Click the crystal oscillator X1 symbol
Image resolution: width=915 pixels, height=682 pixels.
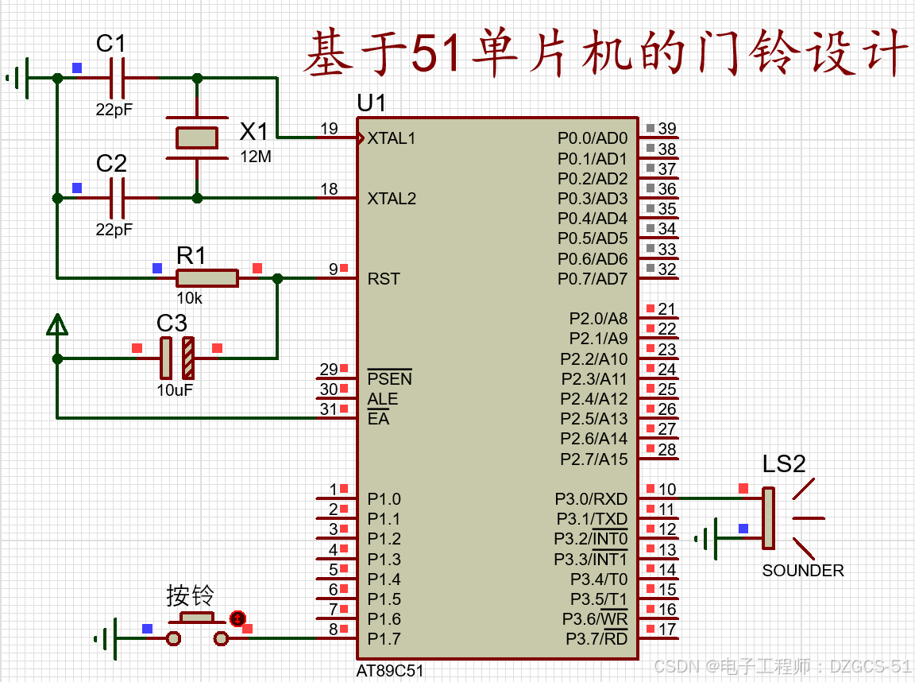coord(197,138)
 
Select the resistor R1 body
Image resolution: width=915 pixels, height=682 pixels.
coord(207,278)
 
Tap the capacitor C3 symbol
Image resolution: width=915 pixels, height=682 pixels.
coord(177,358)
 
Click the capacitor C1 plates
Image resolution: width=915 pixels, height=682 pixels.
coord(118,78)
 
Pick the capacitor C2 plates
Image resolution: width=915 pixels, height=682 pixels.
coord(118,199)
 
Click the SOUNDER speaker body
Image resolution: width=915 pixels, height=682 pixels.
coord(769,518)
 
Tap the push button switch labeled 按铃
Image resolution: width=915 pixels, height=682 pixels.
coord(197,628)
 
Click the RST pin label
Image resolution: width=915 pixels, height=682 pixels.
coord(384,279)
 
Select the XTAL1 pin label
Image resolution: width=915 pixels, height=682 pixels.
coord(391,138)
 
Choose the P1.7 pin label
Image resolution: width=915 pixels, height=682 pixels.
coord(384,639)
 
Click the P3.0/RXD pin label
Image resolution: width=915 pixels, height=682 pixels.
coord(591,499)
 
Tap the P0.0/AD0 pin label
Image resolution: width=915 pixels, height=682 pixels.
coord(593,138)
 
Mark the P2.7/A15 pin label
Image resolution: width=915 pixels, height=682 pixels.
coord(593,459)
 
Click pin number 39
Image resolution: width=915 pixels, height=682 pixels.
coord(667,129)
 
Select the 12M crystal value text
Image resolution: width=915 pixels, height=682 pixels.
coord(256,157)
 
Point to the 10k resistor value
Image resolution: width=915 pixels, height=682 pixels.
coord(189,298)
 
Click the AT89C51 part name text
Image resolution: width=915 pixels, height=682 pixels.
coord(389,671)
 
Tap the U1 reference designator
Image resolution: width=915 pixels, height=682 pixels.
coord(371,103)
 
